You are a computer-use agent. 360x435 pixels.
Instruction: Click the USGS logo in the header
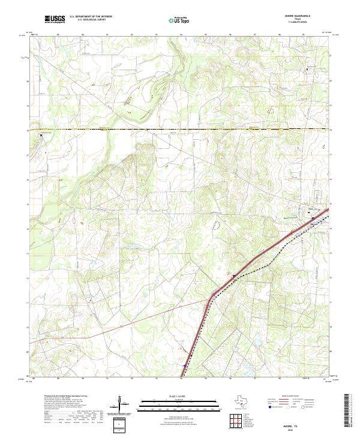(x=55, y=19)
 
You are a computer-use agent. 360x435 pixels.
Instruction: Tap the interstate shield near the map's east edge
(x=313, y=218)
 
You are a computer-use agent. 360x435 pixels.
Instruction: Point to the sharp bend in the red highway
(x=211, y=296)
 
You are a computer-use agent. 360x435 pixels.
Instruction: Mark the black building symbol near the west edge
(x=41, y=136)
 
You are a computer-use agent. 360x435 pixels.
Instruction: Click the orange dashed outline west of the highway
(x=215, y=223)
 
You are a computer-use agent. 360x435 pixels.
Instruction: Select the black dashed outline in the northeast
(x=271, y=110)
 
